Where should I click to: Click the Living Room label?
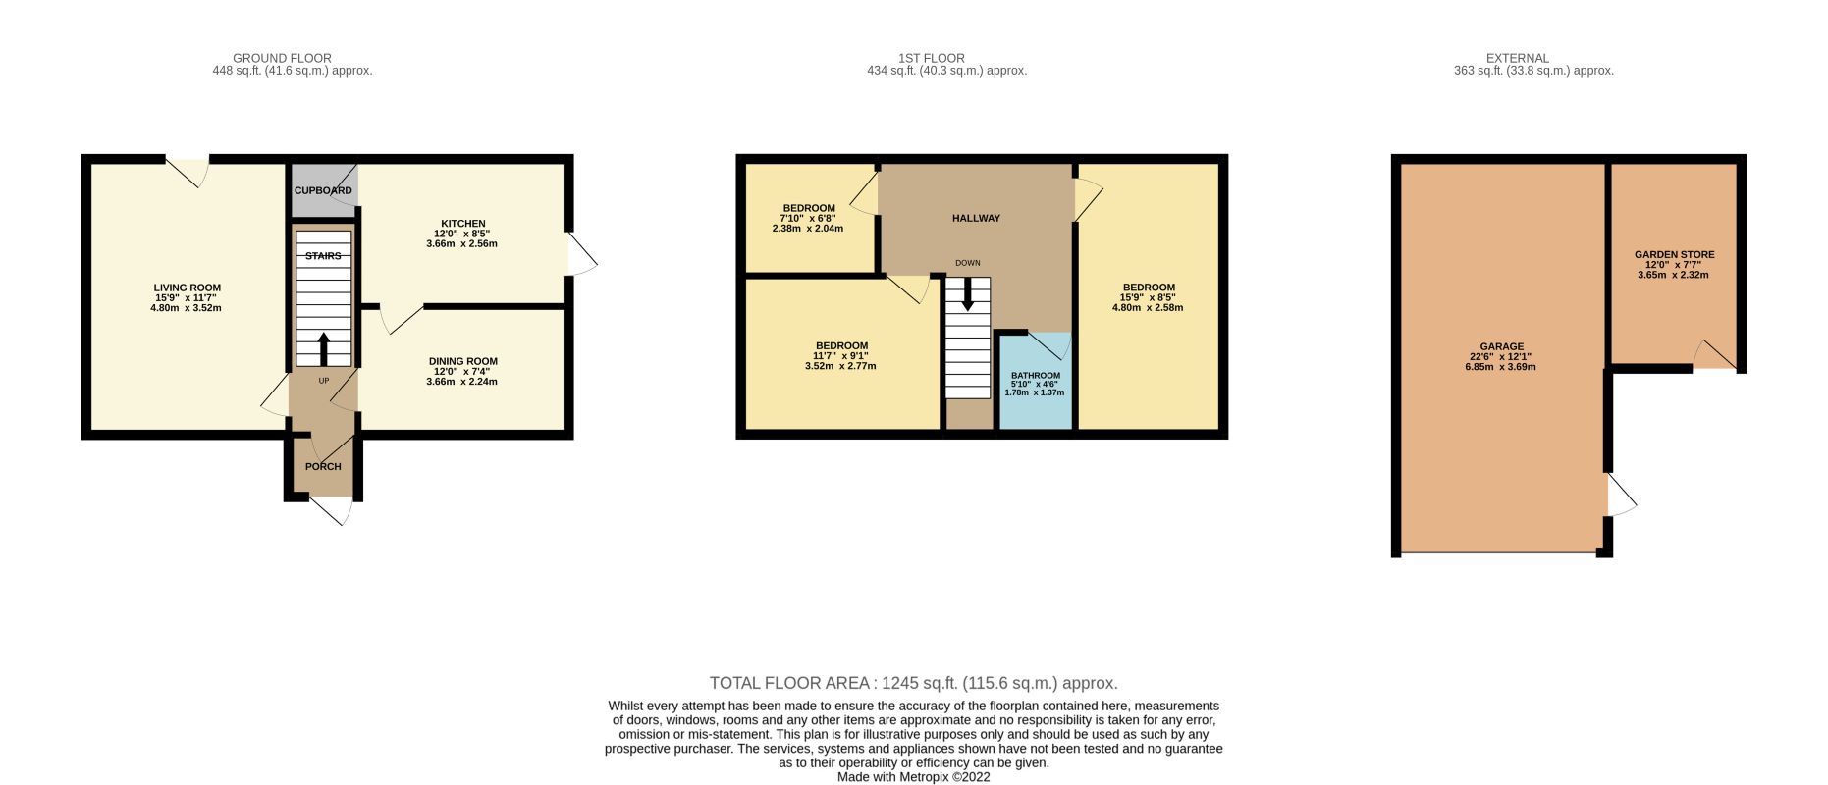187,288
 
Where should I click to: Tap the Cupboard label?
323,190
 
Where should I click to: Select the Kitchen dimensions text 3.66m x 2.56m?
461,243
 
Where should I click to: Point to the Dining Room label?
462,361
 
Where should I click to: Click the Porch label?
323,466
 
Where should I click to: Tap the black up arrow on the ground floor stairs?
323,349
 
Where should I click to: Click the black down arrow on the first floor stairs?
968,294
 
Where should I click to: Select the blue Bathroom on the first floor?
1035,381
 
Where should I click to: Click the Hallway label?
976,218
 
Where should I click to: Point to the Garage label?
1502,346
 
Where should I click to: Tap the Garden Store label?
1674,254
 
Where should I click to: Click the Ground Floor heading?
282,58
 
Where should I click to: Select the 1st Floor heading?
931,58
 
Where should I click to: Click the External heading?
1517,58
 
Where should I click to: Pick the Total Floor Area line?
913,683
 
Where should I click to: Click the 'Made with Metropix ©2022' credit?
913,777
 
